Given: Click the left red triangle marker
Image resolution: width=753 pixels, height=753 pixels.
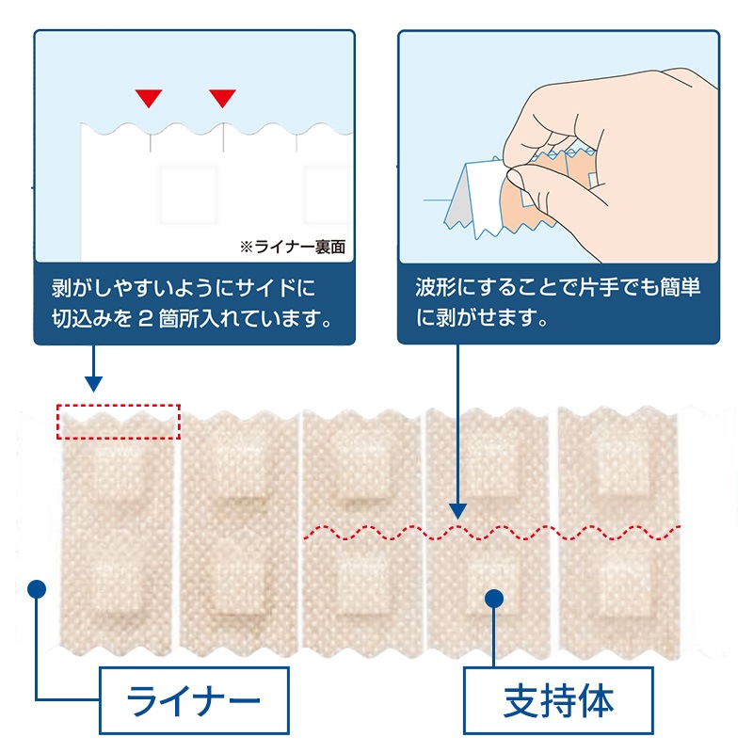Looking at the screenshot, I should point(149,98).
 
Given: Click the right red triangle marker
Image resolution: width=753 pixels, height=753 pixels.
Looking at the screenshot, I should point(222,98).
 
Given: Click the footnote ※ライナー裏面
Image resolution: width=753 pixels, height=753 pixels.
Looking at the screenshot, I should point(293,248).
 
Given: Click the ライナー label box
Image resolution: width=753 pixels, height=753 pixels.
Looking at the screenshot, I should point(194,701).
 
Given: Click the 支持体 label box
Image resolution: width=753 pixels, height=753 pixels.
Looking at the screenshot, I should point(558,701).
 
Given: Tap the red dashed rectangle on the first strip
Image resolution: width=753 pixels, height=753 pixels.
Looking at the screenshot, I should point(118,422).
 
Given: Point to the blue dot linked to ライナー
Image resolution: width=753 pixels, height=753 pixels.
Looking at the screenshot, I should point(37,588).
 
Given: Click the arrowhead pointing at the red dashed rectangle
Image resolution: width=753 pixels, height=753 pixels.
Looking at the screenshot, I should point(92,383).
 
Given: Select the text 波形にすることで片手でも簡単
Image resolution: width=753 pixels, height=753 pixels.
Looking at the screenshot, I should point(558,286).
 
